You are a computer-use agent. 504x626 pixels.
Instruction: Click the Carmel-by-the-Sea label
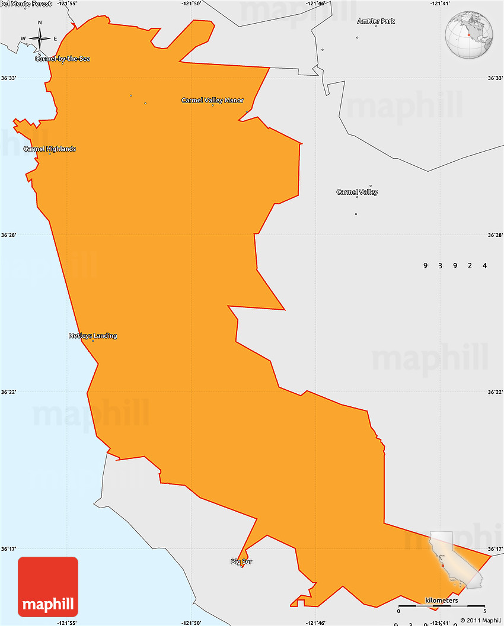62,59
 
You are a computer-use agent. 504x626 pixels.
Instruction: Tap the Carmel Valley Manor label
212,101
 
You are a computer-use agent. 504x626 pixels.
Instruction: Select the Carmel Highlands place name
50,149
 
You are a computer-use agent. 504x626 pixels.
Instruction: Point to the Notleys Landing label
92,336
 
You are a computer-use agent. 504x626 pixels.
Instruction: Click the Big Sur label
241,561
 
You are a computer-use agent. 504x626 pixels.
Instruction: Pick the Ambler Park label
376,21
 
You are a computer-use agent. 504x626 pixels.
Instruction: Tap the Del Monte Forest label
26,4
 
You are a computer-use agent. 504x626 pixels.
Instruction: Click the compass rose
40,38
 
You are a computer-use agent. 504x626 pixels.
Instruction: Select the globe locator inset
470,35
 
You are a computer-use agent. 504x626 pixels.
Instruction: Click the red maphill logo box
48,587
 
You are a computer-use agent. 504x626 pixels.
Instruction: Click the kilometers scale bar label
441,601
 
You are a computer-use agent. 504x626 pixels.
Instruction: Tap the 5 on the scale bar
484,611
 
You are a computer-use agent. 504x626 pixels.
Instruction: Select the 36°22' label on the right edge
495,392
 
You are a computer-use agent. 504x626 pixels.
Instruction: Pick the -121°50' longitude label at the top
192,4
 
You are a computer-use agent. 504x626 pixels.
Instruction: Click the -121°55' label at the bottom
67,622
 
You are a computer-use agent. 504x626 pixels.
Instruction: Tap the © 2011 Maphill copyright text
480,621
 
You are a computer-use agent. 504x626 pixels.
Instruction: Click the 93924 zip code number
455,265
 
